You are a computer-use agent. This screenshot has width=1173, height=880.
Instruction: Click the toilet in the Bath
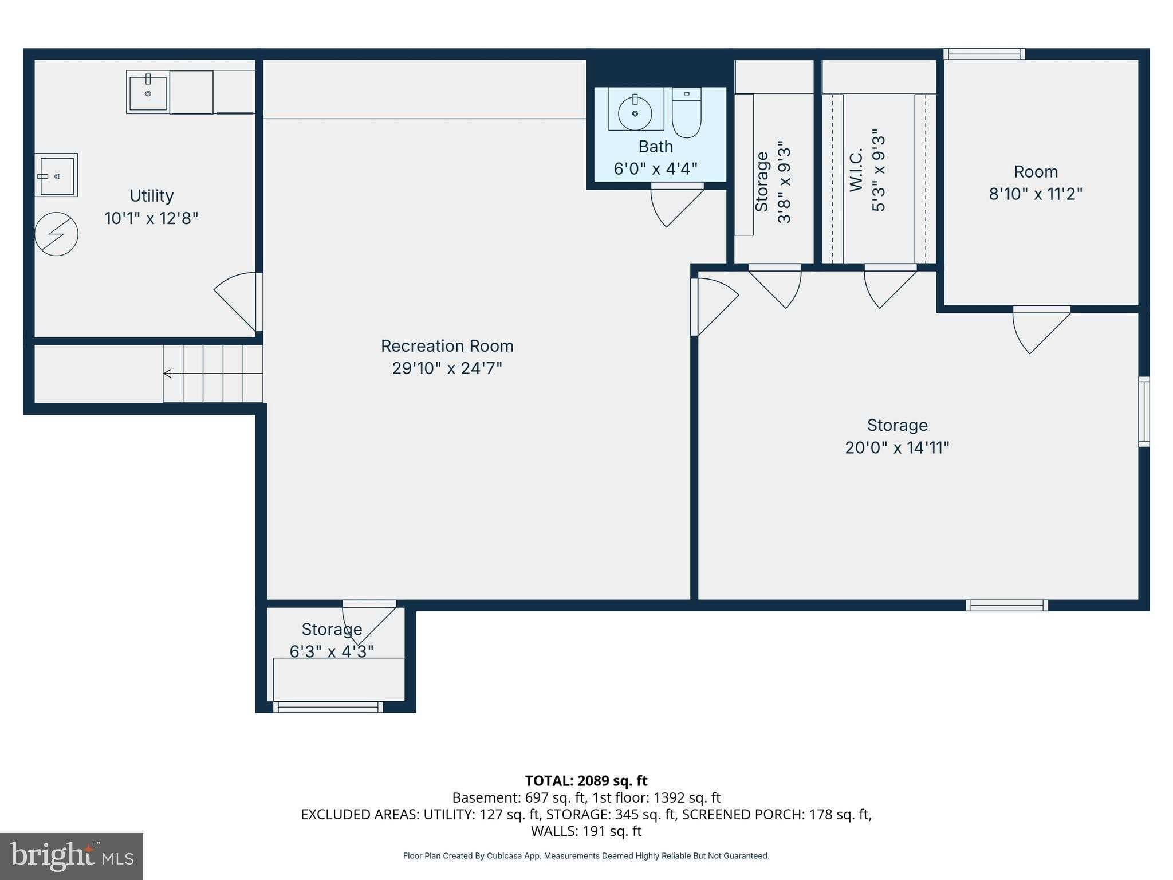tap(686, 113)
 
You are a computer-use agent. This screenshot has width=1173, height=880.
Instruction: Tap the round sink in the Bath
tap(635, 113)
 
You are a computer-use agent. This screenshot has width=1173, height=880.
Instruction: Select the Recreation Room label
tap(447, 346)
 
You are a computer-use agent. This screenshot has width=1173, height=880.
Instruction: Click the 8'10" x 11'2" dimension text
tap(1036, 194)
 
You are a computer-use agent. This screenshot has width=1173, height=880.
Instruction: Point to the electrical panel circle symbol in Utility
tap(56, 234)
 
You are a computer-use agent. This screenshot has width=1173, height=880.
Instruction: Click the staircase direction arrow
tap(167, 374)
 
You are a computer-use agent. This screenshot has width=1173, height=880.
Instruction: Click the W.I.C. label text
tap(856, 170)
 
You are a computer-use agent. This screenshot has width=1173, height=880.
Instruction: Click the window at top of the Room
tap(984, 54)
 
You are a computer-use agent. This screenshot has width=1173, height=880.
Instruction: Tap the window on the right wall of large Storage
tap(1143, 411)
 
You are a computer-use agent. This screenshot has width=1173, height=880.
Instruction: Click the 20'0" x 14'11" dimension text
tap(897, 447)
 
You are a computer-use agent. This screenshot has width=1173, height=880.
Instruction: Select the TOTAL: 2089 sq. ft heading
tap(586, 781)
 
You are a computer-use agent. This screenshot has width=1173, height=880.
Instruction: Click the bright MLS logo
tap(71, 856)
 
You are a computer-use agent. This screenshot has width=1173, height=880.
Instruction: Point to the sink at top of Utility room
tap(148, 92)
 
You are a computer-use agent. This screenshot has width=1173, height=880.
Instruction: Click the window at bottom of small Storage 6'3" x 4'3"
tap(328, 707)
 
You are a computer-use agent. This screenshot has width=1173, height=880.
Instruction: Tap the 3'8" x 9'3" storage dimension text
tap(784, 185)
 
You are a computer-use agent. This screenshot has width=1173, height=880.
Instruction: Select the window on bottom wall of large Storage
tap(1006, 605)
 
